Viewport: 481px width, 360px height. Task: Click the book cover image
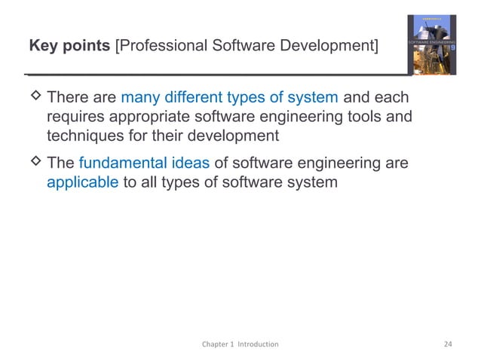click(437, 45)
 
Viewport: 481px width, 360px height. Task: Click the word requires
click(74, 117)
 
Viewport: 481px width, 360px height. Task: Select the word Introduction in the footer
click(259, 344)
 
